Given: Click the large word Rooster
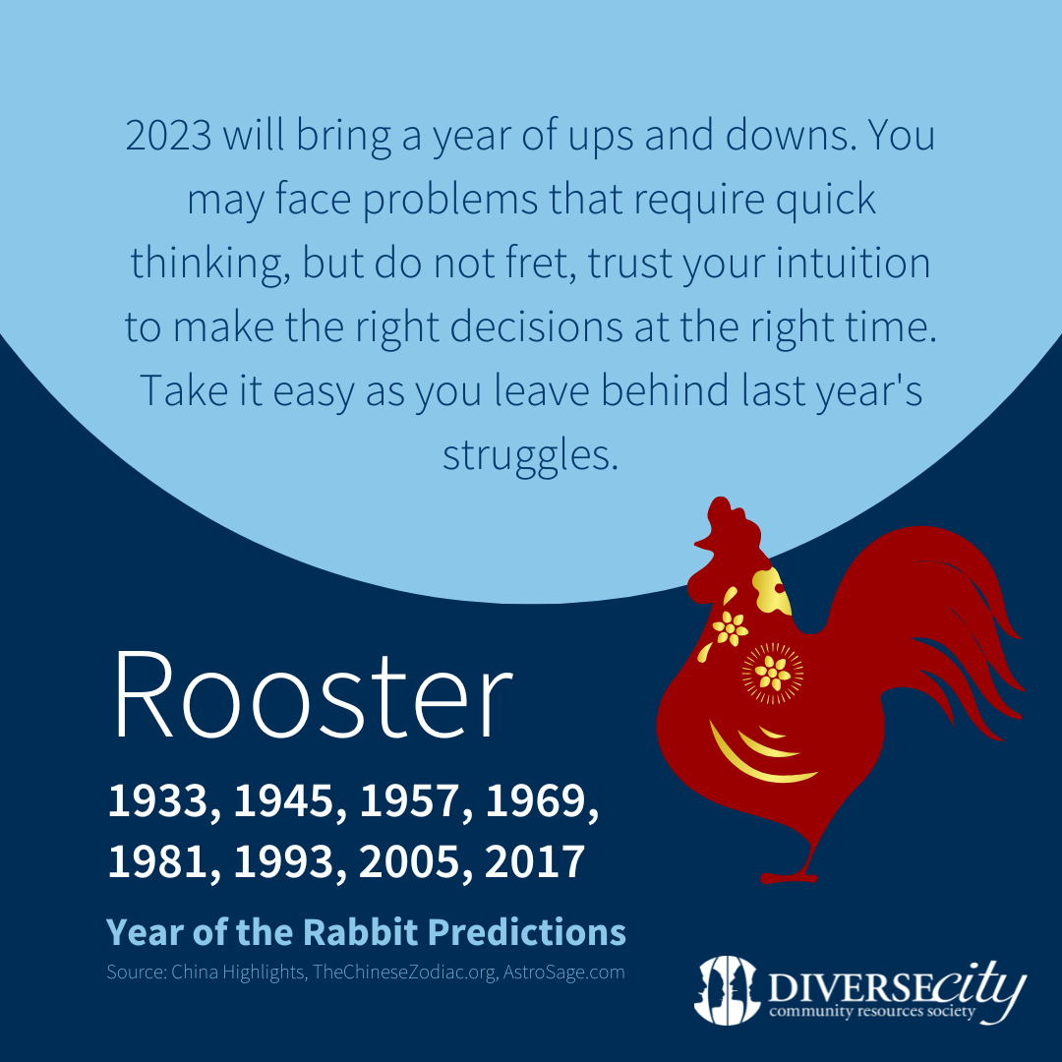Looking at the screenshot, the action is [x=313, y=693].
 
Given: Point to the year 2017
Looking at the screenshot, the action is [x=535, y=861].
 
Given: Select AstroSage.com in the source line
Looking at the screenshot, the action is [x=563, y=972].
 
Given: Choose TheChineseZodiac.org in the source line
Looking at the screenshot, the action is [x=404, y=972].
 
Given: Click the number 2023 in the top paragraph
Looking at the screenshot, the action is [x=169, y=135].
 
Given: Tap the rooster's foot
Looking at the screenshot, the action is [x=790, y=877].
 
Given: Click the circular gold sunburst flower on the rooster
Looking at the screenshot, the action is [x=773, y=673].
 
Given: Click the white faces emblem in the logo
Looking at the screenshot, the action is [x=726, y=989].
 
